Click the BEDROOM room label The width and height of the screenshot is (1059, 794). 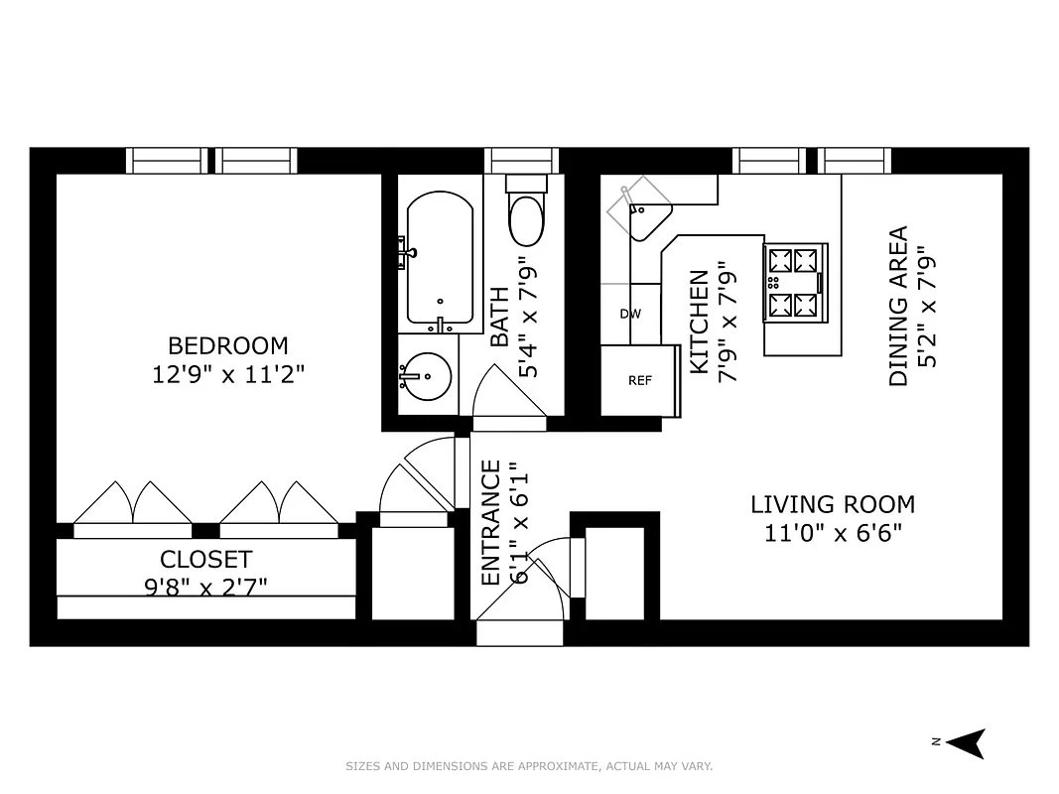[x=227, y=345]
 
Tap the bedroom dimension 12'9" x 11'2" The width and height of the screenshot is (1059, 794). [x=227, y=375]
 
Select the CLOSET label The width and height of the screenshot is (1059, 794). [x=205, y=559]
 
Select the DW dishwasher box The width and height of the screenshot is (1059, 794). [x=630, y=314]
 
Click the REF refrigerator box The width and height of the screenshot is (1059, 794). [x=639, y=380]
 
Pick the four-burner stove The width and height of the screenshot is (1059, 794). [x=794, y=283]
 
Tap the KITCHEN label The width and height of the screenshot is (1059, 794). [x=700, y=323]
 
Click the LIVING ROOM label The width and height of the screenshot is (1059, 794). [x=832, y=504]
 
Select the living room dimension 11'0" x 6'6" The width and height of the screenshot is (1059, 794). [x=832, y=534]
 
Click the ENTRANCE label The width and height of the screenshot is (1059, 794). [x=491, y=522]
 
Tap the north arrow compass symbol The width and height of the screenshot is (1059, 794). [x=967, y=742]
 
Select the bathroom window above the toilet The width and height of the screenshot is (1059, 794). [x=521, y=161]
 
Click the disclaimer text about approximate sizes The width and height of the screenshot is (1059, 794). [x=529, y=766]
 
